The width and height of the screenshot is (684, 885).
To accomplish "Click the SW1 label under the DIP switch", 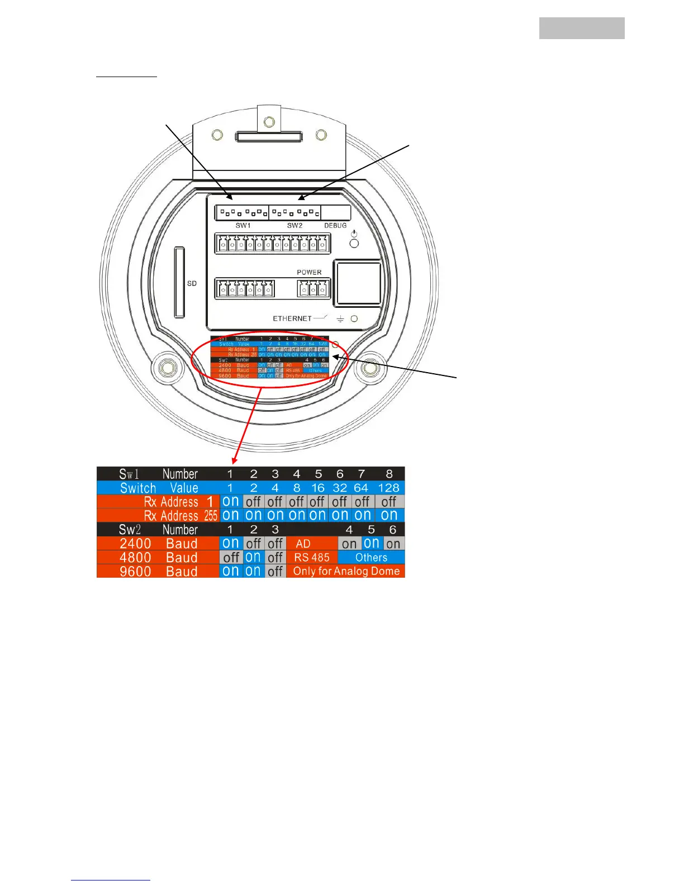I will (x=243, y=226).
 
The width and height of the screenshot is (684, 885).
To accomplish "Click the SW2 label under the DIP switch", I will (x=294, y=226).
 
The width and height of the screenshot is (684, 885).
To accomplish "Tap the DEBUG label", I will (x=335, y=226).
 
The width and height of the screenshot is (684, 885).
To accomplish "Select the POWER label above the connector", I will (x=309, y=273).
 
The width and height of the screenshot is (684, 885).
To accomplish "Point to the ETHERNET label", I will (x=292, y=318).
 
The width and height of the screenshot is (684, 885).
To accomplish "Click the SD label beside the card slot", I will (x=192, y=284).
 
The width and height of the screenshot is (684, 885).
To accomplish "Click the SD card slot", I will (x=179, y=283).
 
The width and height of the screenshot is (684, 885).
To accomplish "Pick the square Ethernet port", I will (x=357, y=283).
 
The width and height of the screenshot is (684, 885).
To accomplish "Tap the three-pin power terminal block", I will (x=313, y=289).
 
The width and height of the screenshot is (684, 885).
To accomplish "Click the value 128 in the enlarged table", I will (x=388, y=488).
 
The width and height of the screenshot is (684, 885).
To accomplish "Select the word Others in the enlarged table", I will (x=371, y=558).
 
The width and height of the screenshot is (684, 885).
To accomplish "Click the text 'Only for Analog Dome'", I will (x=346, y=571).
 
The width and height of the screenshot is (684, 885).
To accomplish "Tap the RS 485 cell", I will (x=312, y=558).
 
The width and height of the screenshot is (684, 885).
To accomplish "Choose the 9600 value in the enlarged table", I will (x=135, y=572).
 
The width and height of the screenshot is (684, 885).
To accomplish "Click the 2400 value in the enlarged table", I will (x=135, y=544).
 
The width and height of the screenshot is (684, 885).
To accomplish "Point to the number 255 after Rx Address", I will (x=211, y=516).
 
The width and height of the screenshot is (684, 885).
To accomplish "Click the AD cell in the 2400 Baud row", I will (x=303, y=544).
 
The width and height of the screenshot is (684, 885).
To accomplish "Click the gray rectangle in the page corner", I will (x=581, y=28).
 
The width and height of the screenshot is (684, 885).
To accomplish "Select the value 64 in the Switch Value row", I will (x=361, y=488).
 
